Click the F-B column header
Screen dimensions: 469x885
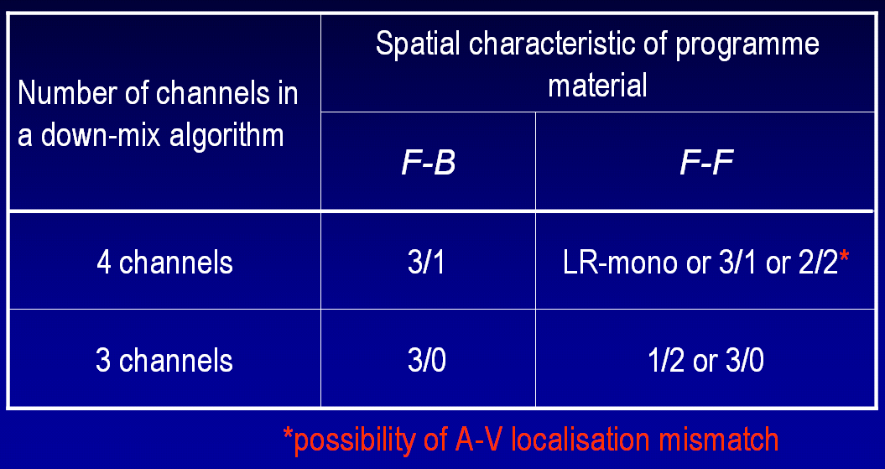(428, 162)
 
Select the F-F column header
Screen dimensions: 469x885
(706, 162)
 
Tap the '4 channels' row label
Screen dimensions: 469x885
(164, 263)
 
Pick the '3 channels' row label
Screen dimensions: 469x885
(164, 361)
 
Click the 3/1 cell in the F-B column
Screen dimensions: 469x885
(428, 263)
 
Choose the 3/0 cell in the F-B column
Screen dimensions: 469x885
(428, 361)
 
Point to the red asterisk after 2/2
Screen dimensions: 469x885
(844, 258)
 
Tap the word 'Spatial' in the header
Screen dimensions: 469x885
(418, 44)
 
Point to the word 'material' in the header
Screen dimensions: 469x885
(597, 86)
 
